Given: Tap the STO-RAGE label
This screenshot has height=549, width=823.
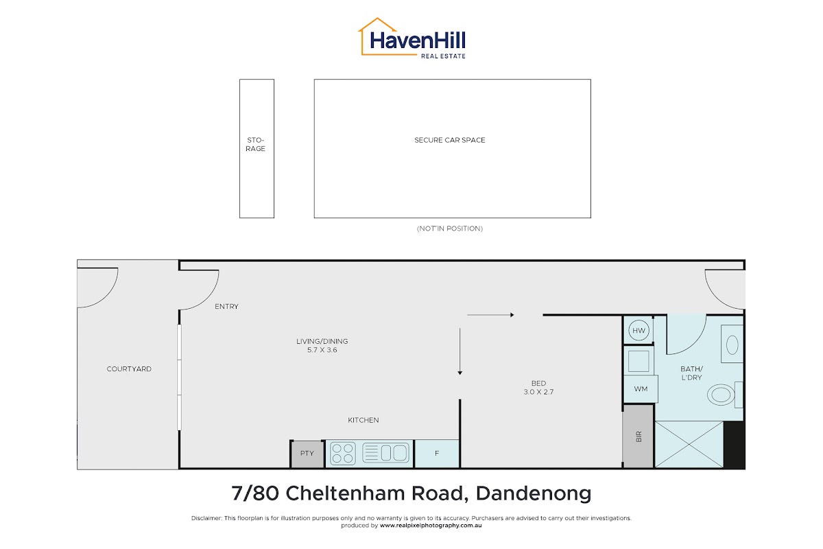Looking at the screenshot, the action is (x=255, y=144).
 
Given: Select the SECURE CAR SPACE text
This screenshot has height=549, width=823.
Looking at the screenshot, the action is (x=450, y=140).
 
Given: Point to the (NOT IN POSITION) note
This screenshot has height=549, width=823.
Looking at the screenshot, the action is (x=450, y=229).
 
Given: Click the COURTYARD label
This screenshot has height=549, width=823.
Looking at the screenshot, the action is (x=129, y=369).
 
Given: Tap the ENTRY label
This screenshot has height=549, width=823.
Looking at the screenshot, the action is (x=227, y=306).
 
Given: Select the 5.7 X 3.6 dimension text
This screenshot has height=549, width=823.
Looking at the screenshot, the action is (x=322, y=350).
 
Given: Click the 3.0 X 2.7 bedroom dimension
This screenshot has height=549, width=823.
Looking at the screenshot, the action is (x=538, y=392).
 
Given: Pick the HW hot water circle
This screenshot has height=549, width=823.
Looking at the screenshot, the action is (x=639, y=330).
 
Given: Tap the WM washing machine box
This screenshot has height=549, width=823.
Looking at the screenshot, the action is (x=641, y=388).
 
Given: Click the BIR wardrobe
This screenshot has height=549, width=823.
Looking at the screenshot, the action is (x=639, y=436).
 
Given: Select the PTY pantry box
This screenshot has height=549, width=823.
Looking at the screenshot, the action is (x=307, y=454).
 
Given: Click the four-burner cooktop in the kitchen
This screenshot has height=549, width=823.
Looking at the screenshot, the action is (x=343, y=453).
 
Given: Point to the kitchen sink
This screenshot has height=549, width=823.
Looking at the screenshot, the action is (x=385, y=453).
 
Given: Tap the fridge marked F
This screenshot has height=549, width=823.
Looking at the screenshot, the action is (x=437, y=454).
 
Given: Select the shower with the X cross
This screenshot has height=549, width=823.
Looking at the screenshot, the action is (x=689, y=444).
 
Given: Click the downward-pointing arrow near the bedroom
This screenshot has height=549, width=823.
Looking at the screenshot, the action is (x=460, y=351).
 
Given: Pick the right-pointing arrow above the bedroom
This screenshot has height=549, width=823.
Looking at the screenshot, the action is (x=490, y=315).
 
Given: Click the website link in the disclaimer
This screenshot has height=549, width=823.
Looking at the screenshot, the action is (x=431, y=526).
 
